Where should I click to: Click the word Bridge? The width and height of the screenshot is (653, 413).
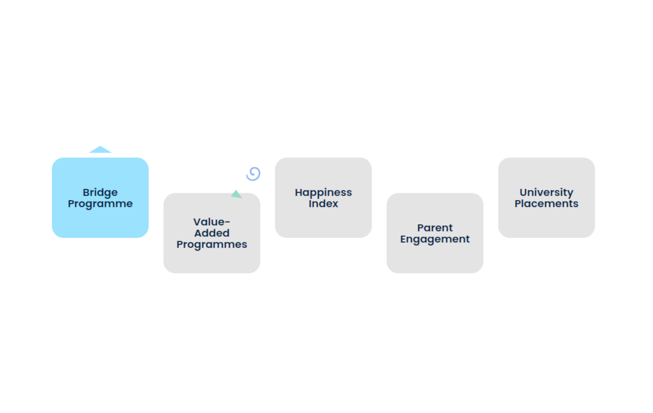(x=100, y=192)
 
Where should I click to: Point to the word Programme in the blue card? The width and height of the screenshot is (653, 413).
(x=100, y=203)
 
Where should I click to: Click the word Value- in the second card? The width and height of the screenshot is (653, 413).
(x=211, y=222)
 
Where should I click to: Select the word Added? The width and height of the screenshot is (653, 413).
(x=211, y=233)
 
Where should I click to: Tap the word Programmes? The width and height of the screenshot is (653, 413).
(x=211, y=244)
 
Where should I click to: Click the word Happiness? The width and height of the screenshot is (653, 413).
(x=323, y=192)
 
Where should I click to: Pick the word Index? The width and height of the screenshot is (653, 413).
(x=323, y=203)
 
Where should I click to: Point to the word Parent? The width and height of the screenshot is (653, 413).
(x=435, y=227)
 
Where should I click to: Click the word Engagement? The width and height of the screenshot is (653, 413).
(x=435, y=239)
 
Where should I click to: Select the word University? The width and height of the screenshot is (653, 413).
(x=546, y=192)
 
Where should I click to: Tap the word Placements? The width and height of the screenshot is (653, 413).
(x=546, y=203)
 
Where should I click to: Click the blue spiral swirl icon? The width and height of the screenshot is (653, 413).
(x=253, y=174)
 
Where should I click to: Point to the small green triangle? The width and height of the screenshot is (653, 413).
(x=236, y=194)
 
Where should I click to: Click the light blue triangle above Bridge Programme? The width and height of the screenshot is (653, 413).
(x=100, y=150)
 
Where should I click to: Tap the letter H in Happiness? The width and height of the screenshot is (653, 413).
(x=298, y=192)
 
